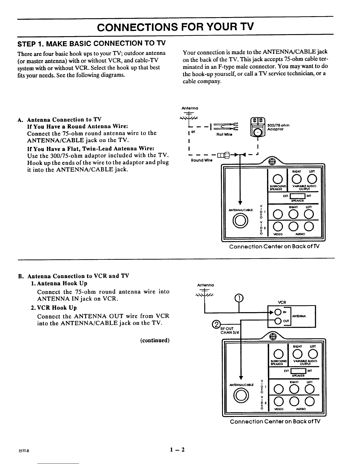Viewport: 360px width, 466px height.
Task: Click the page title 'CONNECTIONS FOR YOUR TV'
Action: [x=175, y=27]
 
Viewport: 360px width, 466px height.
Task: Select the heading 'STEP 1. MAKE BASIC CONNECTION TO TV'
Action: [x=91, y=44]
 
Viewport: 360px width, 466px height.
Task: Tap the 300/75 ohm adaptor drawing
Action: [x=258, y=127]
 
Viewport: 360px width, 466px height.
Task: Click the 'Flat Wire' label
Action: [x=224, y=135]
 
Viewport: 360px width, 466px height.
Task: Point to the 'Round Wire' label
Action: [x=201, y=160]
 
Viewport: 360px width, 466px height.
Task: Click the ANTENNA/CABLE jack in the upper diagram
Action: [x=240, y=221]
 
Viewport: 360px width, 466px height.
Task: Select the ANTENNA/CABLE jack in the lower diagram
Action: [x=241, y=396]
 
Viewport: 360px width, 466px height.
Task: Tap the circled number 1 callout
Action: [x=239, y=298]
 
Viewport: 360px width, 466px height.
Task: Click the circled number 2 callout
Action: [x=216, y=324]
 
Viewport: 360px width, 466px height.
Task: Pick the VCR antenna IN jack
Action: [x=278, y=312]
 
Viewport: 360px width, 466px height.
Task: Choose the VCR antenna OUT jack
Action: [x=278, y=321]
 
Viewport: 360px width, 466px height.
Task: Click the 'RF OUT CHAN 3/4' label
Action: [x=230, y=330]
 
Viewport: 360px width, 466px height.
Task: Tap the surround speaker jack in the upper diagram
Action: [x=277, y=179]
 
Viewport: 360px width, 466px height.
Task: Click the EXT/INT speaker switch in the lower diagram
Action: [x=298, y=371]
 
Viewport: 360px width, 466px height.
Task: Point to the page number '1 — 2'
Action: [x=177, y=450]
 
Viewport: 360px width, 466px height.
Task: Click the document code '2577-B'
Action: [x=24, y=451]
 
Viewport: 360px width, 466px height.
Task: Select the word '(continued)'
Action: [x=155, y=340]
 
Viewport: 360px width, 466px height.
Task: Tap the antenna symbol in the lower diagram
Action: [x=204, y=294]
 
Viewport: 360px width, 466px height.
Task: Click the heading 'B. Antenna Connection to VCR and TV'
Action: [x=74, y=276]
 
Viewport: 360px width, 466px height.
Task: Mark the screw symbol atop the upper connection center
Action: [x=272, y=162]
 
